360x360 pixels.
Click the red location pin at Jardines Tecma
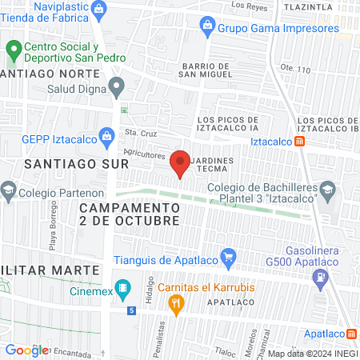(180, 163)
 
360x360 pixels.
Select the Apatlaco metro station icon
(351, 333)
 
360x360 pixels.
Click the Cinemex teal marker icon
(123, 287)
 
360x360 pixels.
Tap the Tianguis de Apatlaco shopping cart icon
(228, 258)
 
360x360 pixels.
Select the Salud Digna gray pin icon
(117, 86)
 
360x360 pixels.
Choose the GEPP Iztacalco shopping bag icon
(106, 137)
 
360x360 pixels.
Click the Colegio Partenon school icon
(9, 191)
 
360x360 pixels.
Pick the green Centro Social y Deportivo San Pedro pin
(12, 52)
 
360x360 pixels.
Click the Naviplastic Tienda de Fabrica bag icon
(99, 10)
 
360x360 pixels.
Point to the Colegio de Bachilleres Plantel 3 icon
(332, 191)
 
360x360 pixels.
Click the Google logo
(27, 350)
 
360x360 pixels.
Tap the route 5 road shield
(131, 309)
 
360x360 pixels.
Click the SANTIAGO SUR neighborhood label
(66, 163)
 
